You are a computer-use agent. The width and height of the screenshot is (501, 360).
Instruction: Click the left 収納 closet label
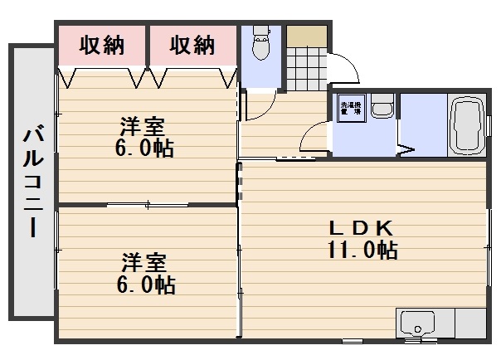point(102,46)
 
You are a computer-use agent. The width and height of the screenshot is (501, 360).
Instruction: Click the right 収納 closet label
point(192,46)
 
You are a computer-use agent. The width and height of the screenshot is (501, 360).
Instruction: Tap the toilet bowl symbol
point(261,45)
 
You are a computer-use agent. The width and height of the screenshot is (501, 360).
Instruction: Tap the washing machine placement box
point(349,111)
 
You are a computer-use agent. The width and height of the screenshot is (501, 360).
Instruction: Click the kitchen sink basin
point(418,324)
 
